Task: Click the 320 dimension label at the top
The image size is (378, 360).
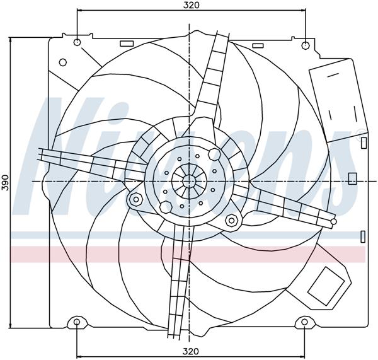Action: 192,5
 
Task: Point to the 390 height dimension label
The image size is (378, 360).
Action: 5,182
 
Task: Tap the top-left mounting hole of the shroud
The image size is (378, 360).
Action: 77,44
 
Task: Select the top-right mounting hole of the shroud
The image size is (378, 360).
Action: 306,45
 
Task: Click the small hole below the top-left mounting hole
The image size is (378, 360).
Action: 62,62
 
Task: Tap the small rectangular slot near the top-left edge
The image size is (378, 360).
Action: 127,44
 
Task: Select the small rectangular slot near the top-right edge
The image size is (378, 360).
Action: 258,45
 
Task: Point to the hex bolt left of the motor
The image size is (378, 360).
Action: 134,200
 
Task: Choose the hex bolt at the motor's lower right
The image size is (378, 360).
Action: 231,220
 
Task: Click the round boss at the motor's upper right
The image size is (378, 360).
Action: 214,154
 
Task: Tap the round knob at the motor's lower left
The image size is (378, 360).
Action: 166,207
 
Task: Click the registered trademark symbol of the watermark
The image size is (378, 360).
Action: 361,132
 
